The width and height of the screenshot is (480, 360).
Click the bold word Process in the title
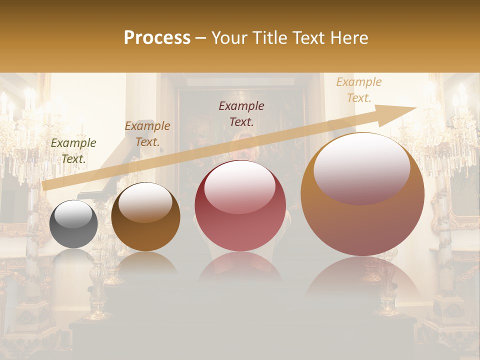tap(157, 38)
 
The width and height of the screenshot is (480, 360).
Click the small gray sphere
tap(73, 224)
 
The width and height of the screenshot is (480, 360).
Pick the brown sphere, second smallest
tap(145, 217)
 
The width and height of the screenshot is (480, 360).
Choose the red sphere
tap(240, 206)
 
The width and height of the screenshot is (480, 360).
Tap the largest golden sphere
tap(362, 194)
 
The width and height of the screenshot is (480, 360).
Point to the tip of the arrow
tap(415, 107)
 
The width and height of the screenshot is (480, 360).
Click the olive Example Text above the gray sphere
tap(73, 150)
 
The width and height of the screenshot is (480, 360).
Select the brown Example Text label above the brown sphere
tap(147, 133)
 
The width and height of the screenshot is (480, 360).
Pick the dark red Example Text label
tap(241, 113)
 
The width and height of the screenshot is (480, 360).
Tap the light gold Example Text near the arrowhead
tap(358, 90)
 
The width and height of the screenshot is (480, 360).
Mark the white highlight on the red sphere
tap(239, 187)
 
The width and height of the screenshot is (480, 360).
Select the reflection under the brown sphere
tap(145, 262)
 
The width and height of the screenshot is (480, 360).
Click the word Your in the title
tap(229, 38)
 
